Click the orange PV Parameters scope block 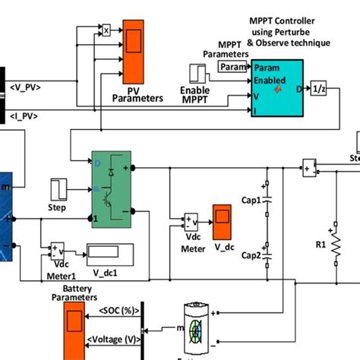coord(134,55)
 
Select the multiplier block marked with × coord(107,30)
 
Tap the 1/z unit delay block coord(318,90)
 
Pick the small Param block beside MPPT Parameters coord(232,68)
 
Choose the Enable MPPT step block coord(199,74)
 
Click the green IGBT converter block coord(111,188)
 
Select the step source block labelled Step coord(60,189)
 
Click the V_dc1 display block coord(109,252)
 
